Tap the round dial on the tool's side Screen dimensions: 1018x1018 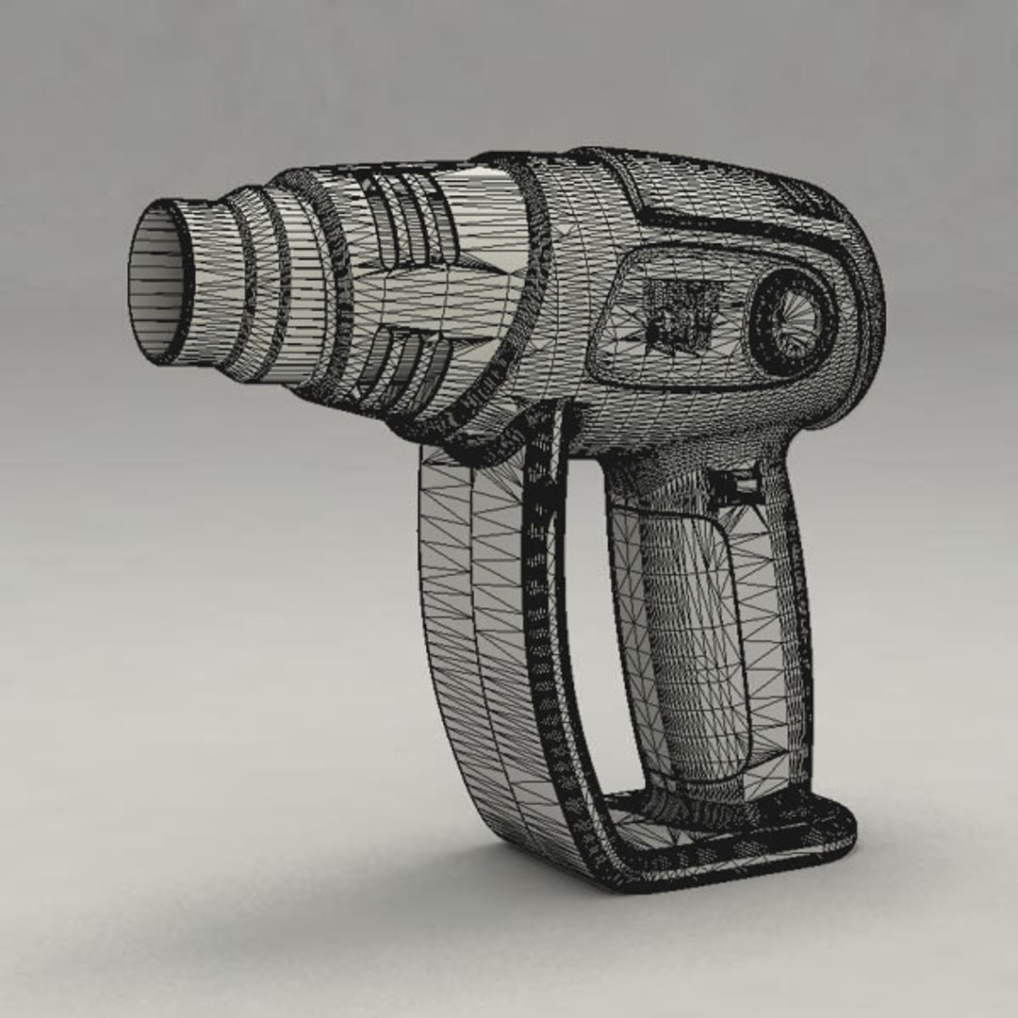coord(792,321)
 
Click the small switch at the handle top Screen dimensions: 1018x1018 coord(736,484)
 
